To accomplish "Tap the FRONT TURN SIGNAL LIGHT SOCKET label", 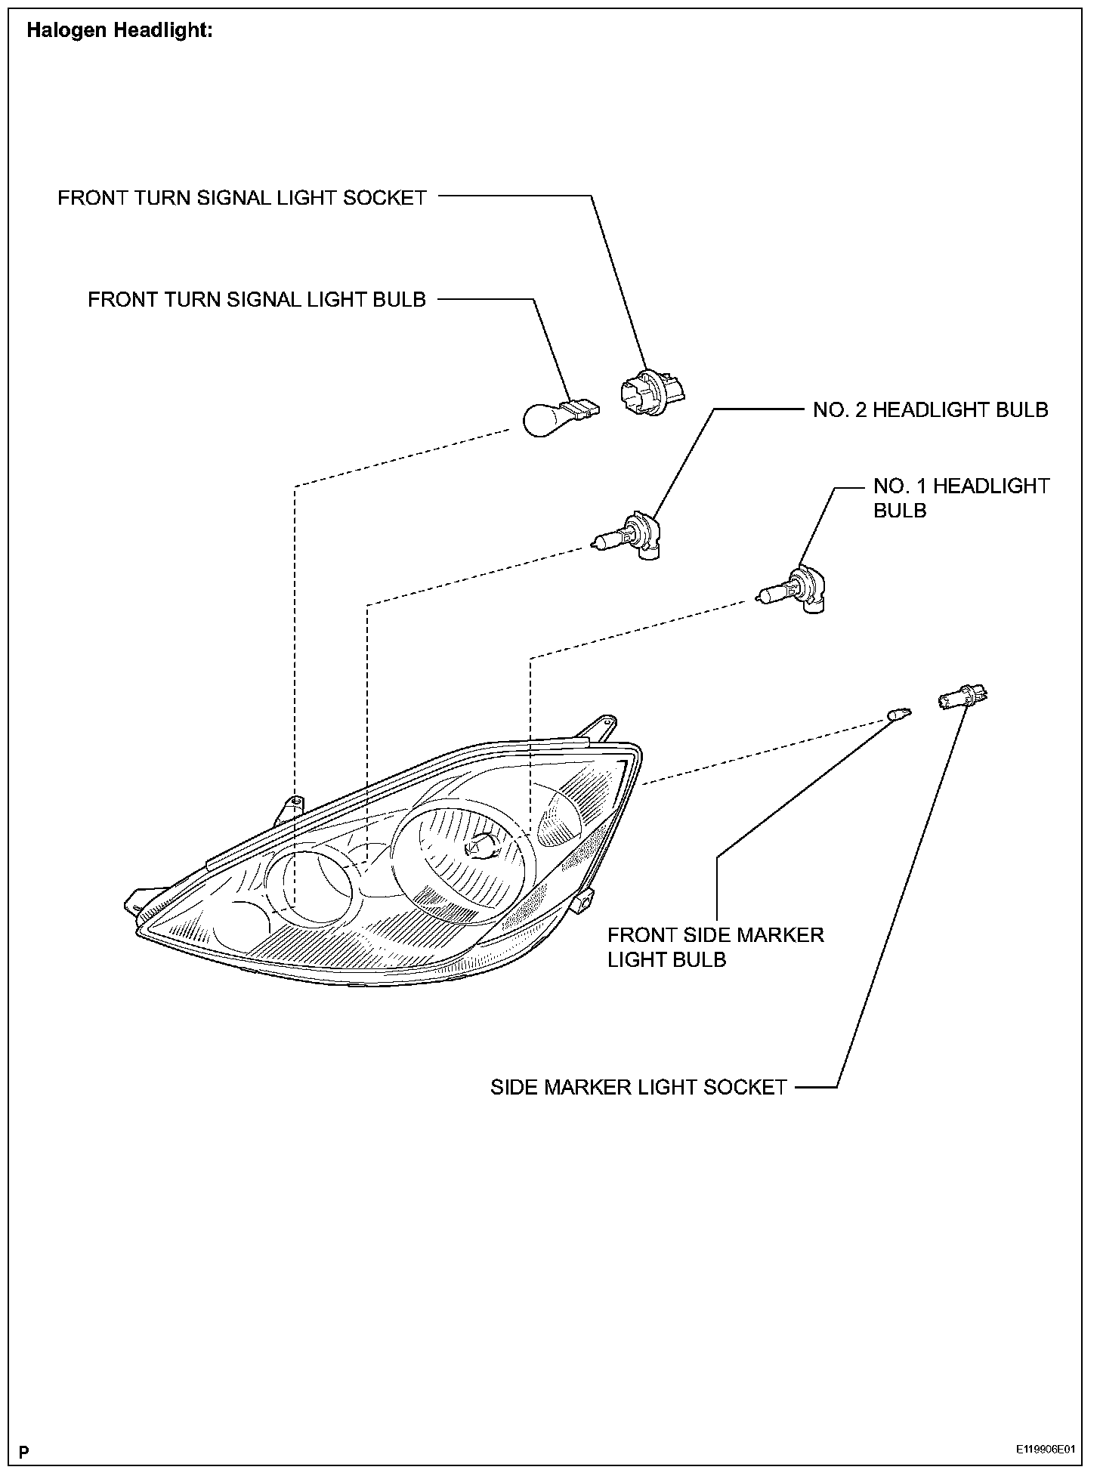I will coord(243,198).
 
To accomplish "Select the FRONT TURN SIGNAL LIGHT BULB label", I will coord(257,300).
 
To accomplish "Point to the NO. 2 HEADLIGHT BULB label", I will coord(930,410).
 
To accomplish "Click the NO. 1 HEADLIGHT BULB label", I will coord(960,498).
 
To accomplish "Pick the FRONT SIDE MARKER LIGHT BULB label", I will coord(715,947).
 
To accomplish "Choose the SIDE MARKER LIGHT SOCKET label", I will coord(638,1088).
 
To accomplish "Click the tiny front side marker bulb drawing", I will coord(899,712).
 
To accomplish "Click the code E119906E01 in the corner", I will coord(1045,1450).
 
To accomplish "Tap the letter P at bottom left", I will coord(25,1451).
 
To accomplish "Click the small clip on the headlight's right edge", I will coord(582,901).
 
